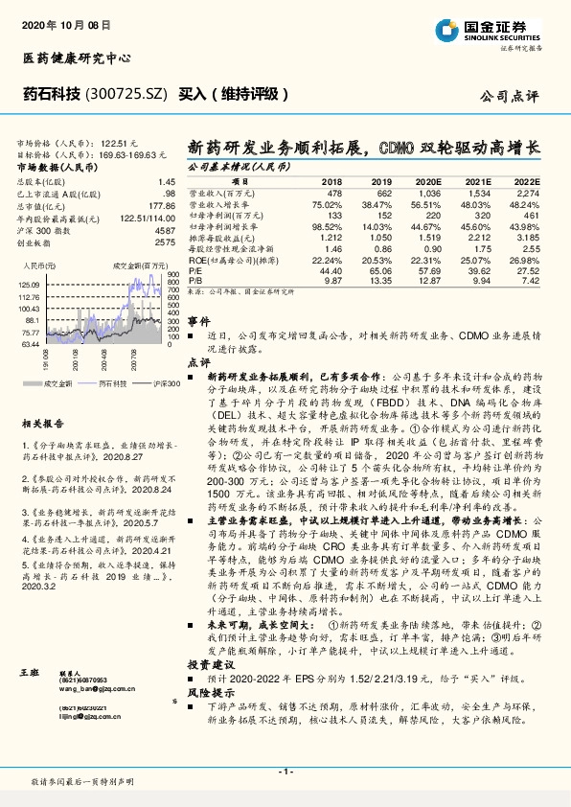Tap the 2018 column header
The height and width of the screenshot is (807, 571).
coord(332,180)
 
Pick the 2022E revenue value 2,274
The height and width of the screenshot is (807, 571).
coord(526,193)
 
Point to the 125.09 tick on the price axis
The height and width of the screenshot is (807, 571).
coord(28,285)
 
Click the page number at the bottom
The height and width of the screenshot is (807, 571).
coord(285,772)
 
